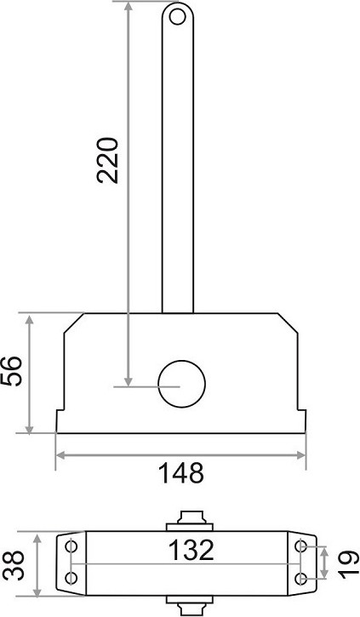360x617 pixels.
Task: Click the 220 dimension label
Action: click(x=107, y=160)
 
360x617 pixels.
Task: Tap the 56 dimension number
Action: click(x=11, y=371)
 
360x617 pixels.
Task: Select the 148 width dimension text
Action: click(x=181, y=473)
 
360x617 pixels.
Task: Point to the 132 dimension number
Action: click(x=191, y=550)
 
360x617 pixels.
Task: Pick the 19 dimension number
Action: click(x=349, y=565)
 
